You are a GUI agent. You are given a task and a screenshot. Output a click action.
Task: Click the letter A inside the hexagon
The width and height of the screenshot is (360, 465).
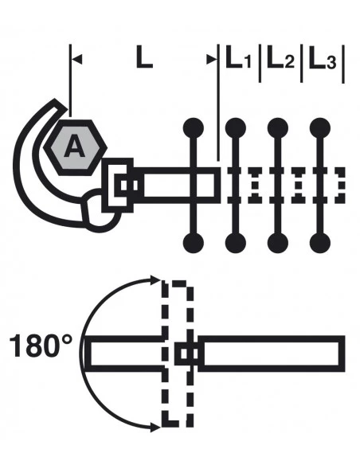coord(74,146)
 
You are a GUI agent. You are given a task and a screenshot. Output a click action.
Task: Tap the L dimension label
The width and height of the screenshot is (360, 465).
coord(144,57)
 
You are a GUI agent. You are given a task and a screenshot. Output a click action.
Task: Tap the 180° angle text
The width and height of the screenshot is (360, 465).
coord(41,346)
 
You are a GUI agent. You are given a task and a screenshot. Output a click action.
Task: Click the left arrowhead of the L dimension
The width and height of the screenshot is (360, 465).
coord(76,59)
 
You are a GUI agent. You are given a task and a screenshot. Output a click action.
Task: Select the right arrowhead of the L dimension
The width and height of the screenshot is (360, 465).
coord(212,59)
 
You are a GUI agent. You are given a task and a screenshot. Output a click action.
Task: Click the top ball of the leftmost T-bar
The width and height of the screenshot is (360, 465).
coord(194,128)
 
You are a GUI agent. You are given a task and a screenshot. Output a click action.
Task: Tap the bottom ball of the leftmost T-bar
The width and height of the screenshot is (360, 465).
coord(194,243)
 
